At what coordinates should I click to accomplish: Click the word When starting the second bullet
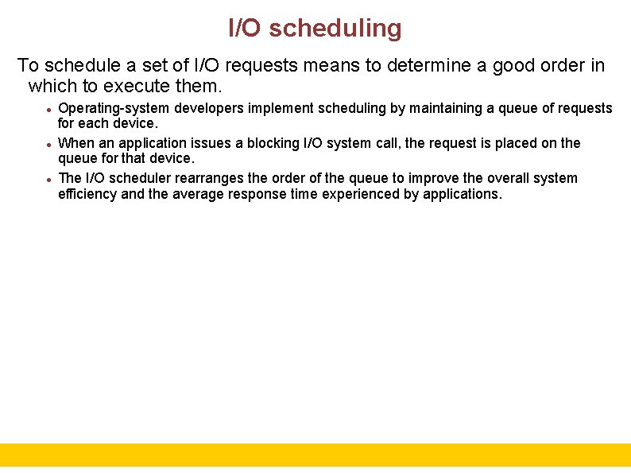tap(76, 143)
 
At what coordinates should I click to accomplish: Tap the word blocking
tap(273, 143)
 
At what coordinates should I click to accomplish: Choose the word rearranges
tap(205, 178)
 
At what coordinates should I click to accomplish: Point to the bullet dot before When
tap(49, 145)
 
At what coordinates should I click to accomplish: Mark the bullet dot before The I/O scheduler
tap(49, 180)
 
